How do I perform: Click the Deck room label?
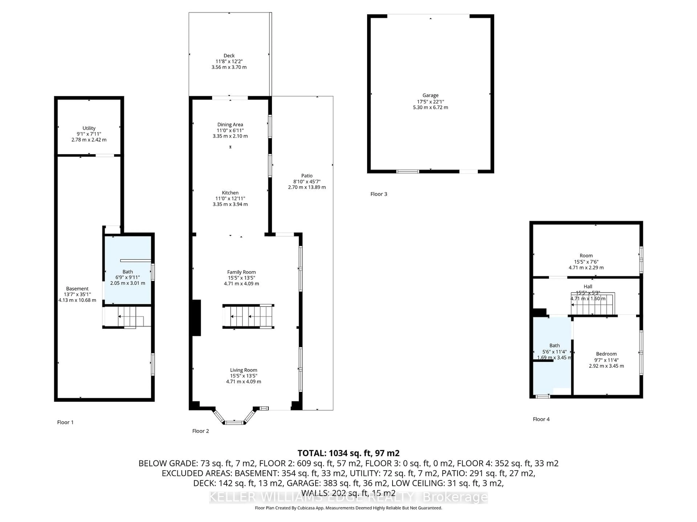coord(229,56)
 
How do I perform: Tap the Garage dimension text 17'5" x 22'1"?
coord(430,101)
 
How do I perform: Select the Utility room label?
coord(89,128)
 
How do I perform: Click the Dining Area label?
coord(230,125)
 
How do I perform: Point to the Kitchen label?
coord(230,192)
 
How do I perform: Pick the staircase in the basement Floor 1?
coord(128,317)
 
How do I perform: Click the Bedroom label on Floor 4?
coord(606,354)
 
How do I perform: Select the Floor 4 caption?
coord(541,419)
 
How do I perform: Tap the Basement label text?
coord(77,289)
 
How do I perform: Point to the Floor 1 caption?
coord(65,422)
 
